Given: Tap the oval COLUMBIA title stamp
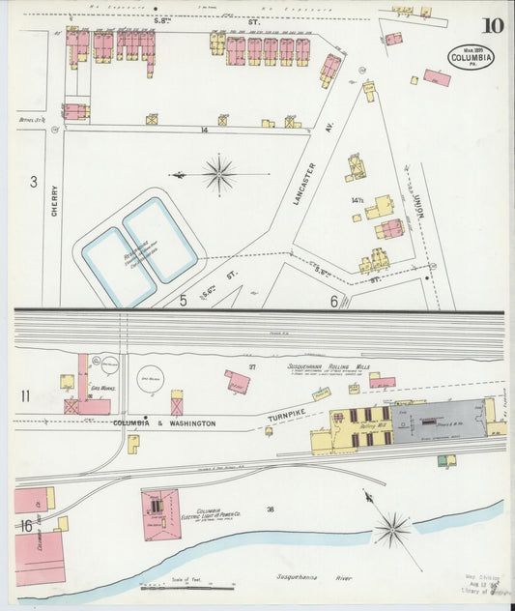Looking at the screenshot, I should pos(472,58).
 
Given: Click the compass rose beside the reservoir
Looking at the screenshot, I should pos(219,175).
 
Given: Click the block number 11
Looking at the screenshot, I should pos(25,394).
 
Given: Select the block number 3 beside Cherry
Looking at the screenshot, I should pos(32,182).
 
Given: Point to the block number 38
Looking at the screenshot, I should pos(271,509).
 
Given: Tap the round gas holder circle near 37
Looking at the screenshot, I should pos(150,377).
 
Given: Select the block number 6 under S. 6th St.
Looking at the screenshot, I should pos(334,302).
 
